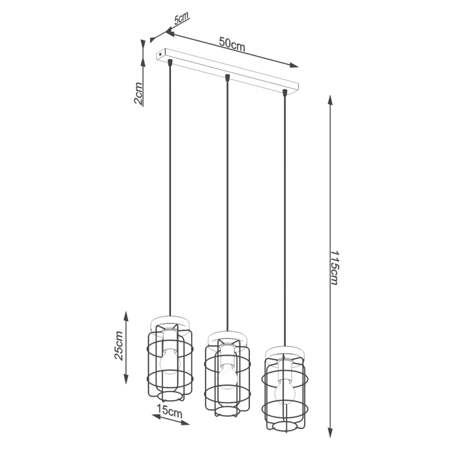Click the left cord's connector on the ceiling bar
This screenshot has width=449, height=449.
click(170, 63)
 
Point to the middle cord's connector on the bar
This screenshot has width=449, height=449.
click(227, 78)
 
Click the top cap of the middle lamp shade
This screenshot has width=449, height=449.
click(226, 337)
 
